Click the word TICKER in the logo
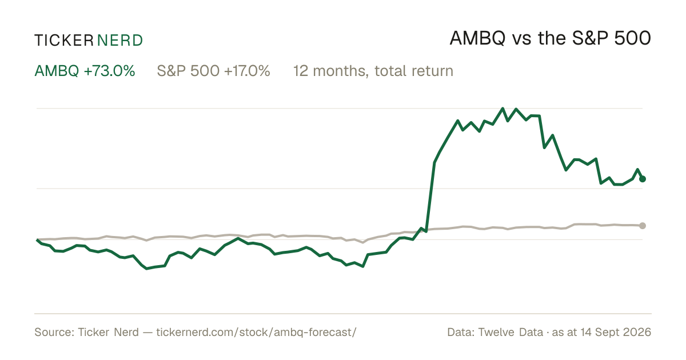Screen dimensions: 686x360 63,41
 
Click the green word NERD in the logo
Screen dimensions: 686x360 120,41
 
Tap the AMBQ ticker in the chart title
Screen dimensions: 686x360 477,38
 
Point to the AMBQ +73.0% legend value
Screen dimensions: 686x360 85,71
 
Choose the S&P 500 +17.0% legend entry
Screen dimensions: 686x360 213,71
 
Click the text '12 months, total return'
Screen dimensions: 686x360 373,71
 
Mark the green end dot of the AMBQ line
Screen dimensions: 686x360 643,179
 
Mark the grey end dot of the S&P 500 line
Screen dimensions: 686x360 643,226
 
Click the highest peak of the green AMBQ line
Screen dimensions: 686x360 502,108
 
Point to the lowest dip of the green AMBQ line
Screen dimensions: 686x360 147,269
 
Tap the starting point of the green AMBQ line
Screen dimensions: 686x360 37,240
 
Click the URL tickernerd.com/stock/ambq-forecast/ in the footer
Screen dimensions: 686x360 256,332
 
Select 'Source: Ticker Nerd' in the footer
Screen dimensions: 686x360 87,332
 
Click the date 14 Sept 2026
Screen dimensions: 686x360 616,332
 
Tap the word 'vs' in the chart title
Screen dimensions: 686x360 521,40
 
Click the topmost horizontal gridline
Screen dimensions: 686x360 340,108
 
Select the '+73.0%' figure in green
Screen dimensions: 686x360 109,71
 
